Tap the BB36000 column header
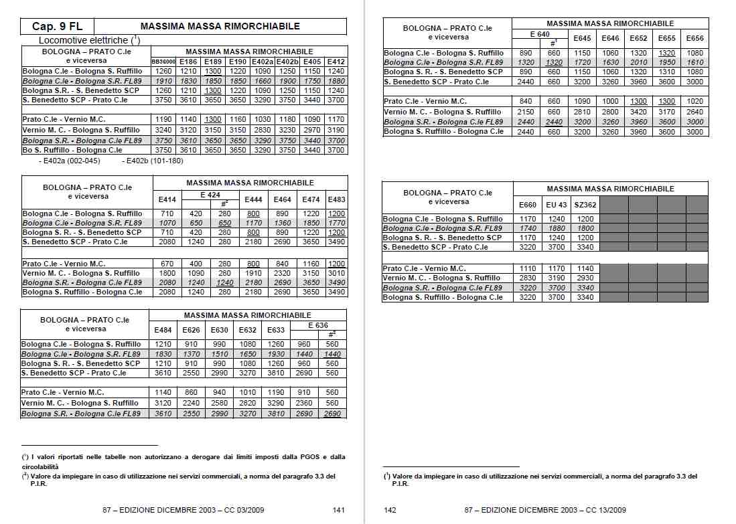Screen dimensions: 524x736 point(164,61)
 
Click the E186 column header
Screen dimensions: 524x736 point(188,61)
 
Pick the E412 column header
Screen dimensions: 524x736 point(336,61)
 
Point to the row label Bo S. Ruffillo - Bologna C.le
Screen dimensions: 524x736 point(72,151)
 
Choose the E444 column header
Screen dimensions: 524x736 point(253,199)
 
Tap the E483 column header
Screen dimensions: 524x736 point(337,199)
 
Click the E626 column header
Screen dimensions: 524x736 point(192,330)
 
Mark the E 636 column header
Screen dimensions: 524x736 point(318,325)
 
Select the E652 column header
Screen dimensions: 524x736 point(638,38)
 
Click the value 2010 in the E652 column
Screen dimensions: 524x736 point(638,62)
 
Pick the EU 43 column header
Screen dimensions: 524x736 point(556,204)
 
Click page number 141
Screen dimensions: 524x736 point(339,510)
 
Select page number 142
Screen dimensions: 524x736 point(390,510)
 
